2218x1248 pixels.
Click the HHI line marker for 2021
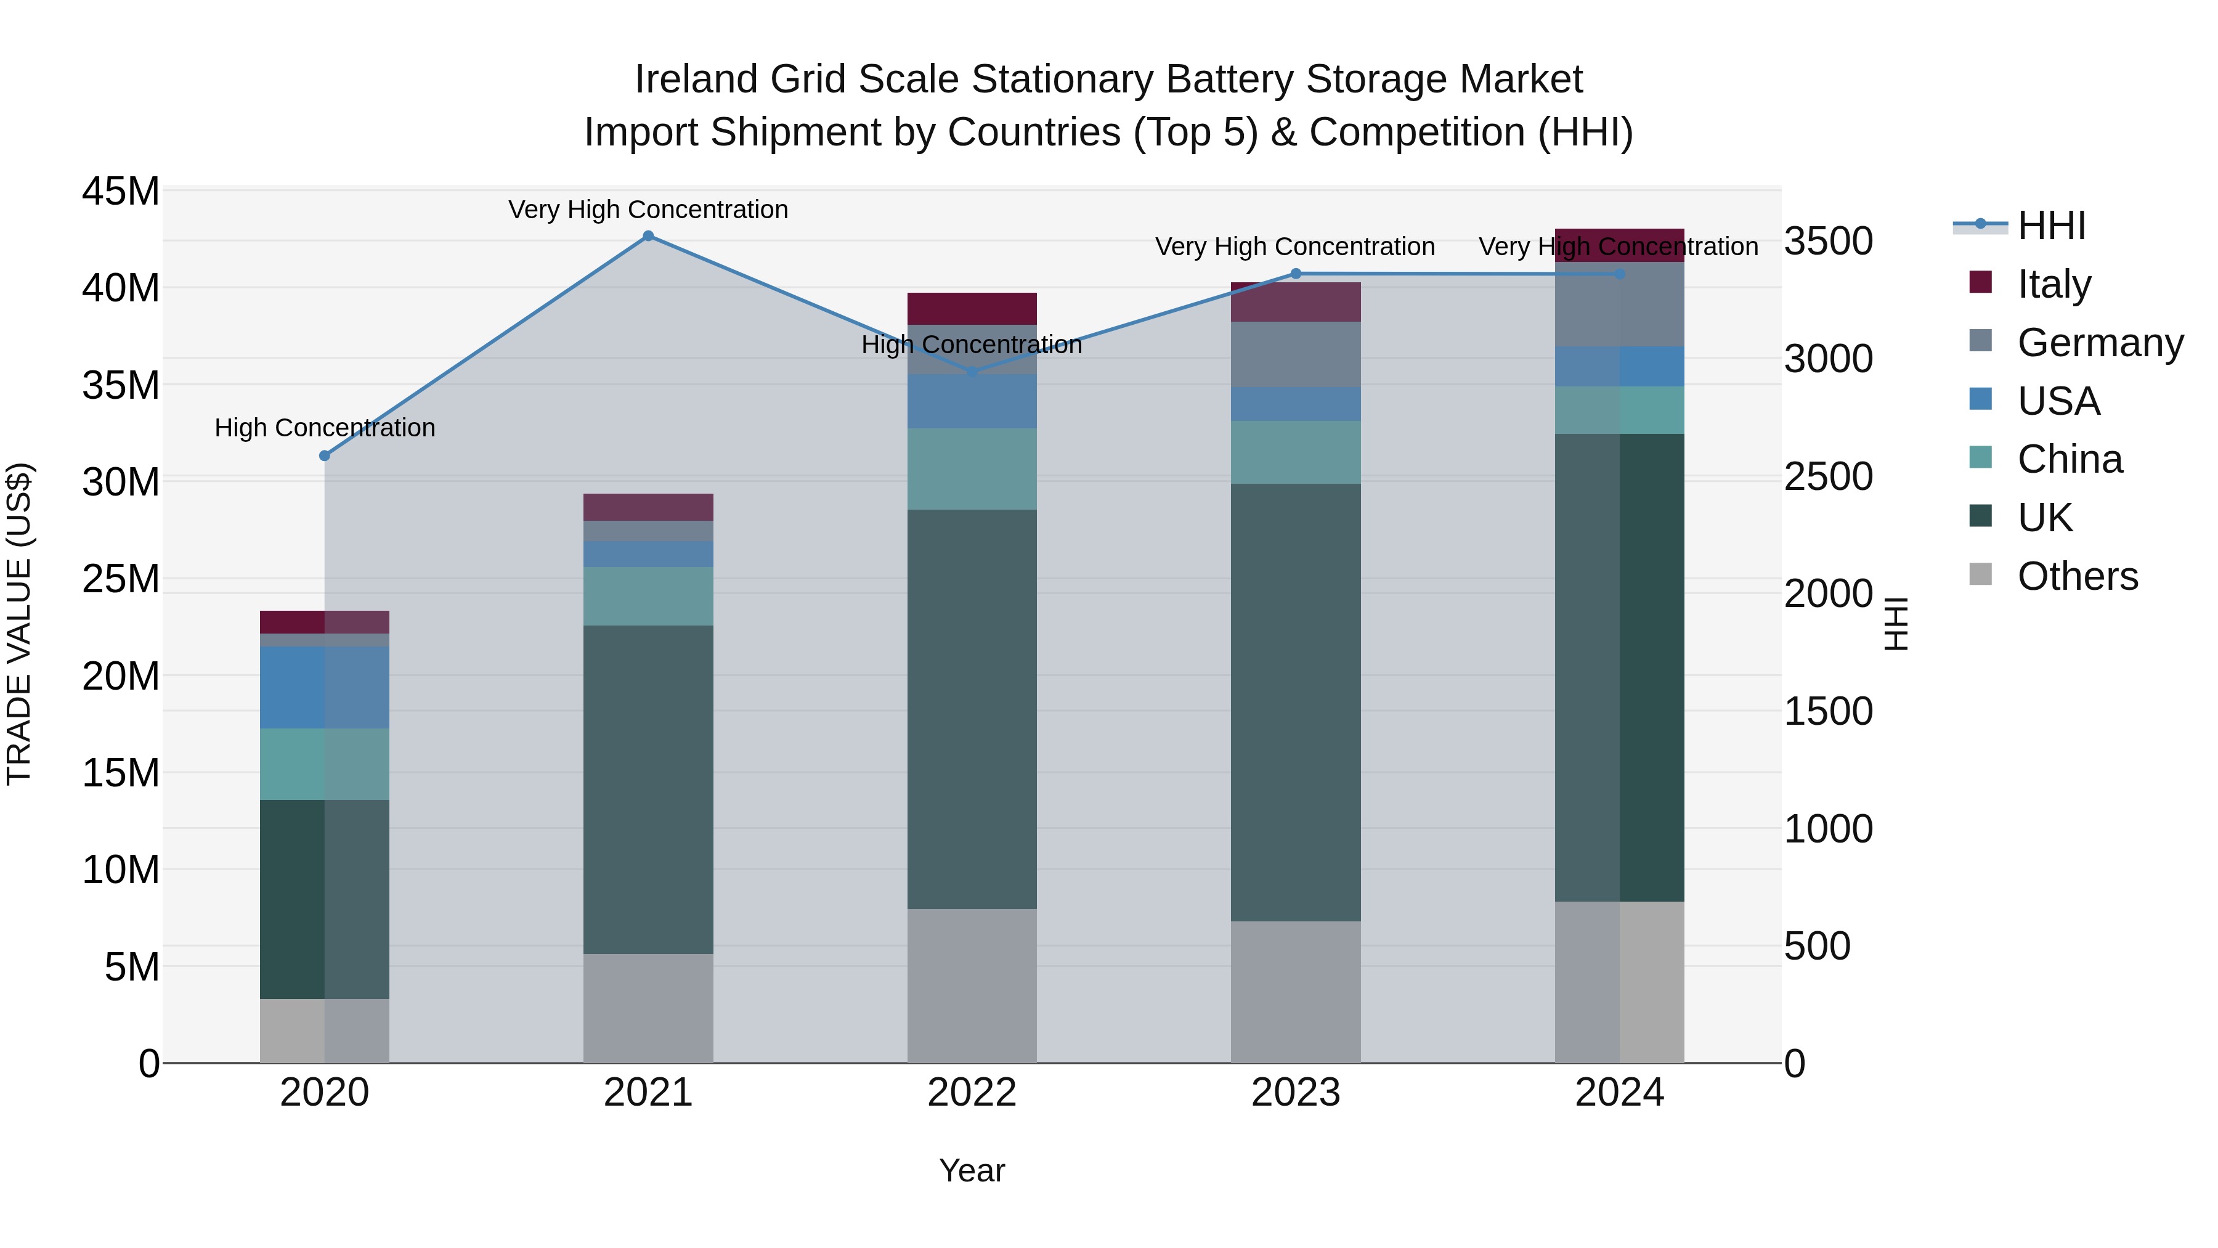pos(648,236)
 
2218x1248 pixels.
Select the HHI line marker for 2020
pos(325,455)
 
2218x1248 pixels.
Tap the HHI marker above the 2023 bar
pos(1296,274)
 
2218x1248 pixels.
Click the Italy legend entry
pos(2053,283)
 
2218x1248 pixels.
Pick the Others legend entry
pos(2077,576)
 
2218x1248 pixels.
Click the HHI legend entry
pos(2051,226)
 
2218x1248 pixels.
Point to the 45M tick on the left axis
pos(121,191)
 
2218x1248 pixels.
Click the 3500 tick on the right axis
pos(1828,241)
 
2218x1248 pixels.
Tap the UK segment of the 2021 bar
pos(648,788)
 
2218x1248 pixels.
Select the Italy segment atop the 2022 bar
pos(972,308)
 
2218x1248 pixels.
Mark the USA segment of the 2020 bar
pos(325,687)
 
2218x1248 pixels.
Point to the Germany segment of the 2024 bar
pos(1620,304)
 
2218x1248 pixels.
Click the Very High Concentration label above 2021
pos(648,210)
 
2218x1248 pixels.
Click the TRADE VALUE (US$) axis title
pos(19,624)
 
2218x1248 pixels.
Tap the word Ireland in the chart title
pos(697,80)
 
